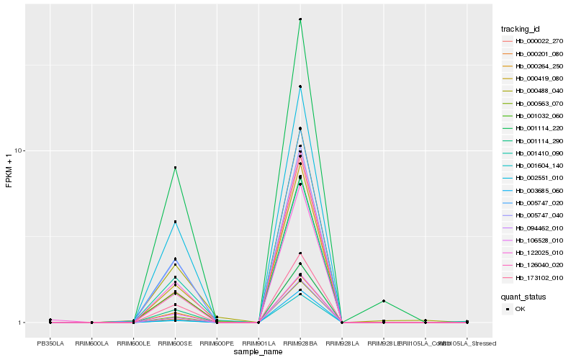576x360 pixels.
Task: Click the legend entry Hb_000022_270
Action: click(534, 41)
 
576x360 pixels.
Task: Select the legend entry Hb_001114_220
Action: click(534, 127)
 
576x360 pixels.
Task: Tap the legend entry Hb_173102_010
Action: click(534, 277)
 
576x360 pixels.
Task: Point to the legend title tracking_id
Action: click(521, 29)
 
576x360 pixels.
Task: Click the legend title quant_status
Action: click(523, 296)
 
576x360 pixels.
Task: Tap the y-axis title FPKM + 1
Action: click(9, 171)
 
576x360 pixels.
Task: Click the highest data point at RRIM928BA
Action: click(300, 19)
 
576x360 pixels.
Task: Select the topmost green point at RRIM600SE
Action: click(175, 168)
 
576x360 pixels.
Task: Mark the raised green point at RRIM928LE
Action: click(384, 301)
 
